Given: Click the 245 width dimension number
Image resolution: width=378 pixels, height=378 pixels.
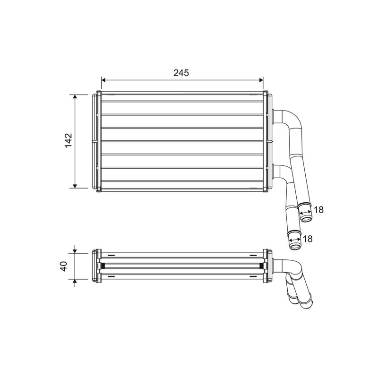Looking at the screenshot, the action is pyautogui.click(x=181, y=73).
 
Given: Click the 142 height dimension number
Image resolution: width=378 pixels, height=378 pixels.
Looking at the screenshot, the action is pyautogui.click(x=69, y=140).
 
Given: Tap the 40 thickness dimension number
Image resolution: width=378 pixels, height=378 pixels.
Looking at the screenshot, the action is pyautogui.click(x=64, y=266).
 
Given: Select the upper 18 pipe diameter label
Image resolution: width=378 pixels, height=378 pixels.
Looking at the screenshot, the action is pyautogui.click(x=318, y=210).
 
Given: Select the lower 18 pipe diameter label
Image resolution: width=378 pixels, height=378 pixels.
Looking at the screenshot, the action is pyautogui.click(x=308, y=239).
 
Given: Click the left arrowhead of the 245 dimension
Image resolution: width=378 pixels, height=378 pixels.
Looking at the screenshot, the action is pyautogui.click(x=103, y=80).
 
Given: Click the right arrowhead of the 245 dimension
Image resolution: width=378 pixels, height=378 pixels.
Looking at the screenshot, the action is pyautogui.click(x=261, y=80).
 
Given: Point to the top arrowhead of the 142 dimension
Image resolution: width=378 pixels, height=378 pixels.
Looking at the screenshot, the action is pyautogui.click(x=75, y=97).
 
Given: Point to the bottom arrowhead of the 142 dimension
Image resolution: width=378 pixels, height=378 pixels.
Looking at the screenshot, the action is pyautogui.click(x=75, y=186).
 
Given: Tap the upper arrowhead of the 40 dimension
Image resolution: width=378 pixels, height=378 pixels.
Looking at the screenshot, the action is pyautogui.click(x=75, y=251).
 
